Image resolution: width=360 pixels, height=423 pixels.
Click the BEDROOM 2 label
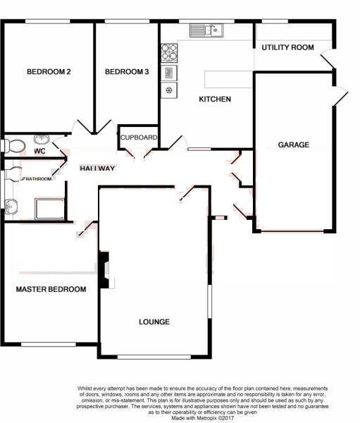point(49,72)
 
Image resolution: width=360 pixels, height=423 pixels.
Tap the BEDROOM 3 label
point(127,72)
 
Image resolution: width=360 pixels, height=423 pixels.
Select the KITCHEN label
point(215,99)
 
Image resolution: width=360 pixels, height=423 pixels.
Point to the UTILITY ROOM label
point(287,47)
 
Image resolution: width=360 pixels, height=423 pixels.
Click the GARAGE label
point(294,145)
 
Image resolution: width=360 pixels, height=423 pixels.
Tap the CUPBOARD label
point(139,137)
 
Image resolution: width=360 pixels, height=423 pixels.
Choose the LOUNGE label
point(154,322)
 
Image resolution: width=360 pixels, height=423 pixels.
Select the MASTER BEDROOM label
point(51,289)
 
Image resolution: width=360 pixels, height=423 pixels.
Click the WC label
point(39,152)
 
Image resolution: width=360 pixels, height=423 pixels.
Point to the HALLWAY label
point(97,168)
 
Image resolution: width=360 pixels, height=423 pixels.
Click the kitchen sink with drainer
point(206,30)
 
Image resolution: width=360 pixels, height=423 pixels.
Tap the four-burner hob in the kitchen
point(169,53)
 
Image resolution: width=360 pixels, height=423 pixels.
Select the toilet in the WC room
point(13,146)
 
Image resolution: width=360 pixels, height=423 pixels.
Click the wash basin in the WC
point(42,139)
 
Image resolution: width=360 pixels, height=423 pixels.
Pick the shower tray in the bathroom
point(49,209)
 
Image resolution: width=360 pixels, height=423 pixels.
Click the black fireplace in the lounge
point(104,270)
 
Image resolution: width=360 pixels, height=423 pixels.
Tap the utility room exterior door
point(328,59)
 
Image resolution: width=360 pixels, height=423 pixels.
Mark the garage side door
point(340,96)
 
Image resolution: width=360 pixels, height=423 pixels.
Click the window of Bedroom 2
point(48,21)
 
